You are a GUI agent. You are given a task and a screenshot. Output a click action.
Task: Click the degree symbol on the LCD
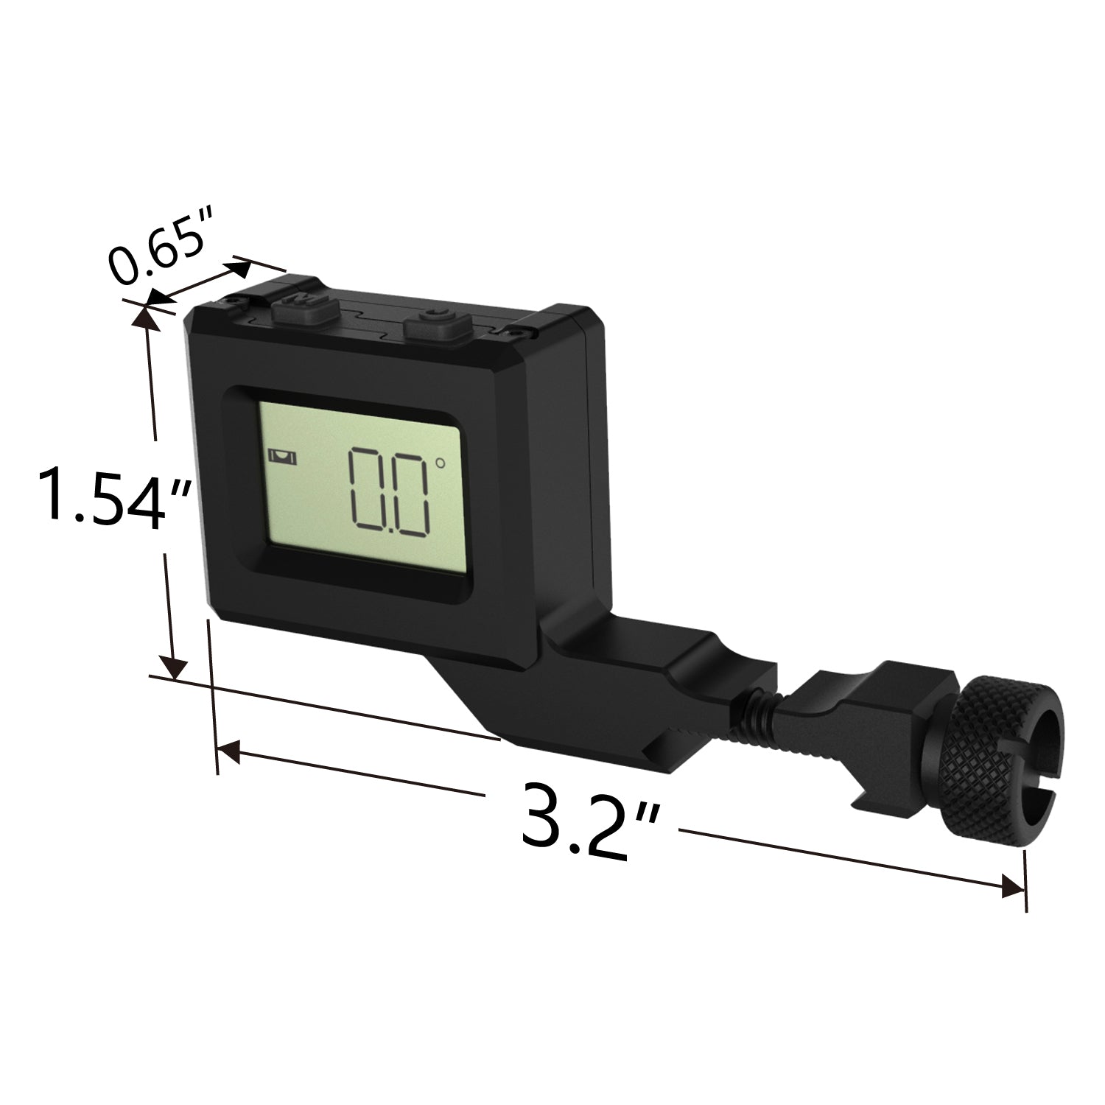click(x=440, y=463)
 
